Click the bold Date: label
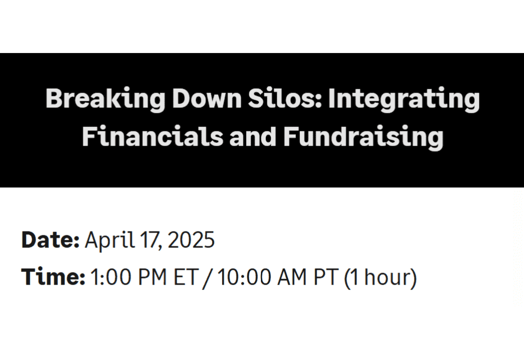pyautogui.click(x=50, y=240)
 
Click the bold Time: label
pyautogui.click(x=53, y=277)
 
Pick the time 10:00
pyautogui.click(x=244, y=277)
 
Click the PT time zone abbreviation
pyautogui.click(x=327, y=277)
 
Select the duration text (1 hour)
pyautogui.click(x=381, y=278)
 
